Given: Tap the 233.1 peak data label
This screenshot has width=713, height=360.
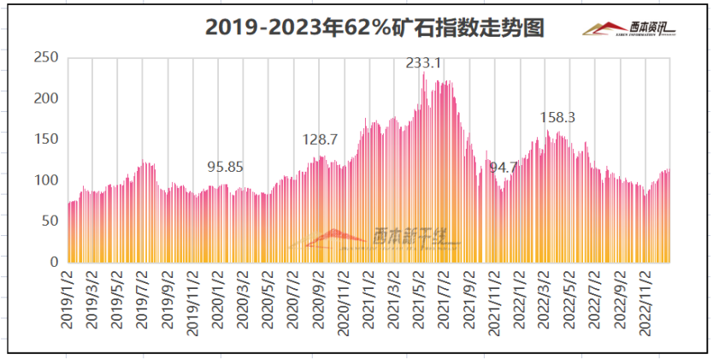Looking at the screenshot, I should point(423,63).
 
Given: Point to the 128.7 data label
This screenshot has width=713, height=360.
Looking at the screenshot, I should point(321,139).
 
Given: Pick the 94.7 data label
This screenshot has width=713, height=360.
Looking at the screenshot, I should point(504,167).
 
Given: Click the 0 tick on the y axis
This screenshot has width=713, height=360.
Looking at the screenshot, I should point(53,262).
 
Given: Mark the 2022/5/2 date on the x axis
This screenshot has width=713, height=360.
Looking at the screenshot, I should point(569,299).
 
